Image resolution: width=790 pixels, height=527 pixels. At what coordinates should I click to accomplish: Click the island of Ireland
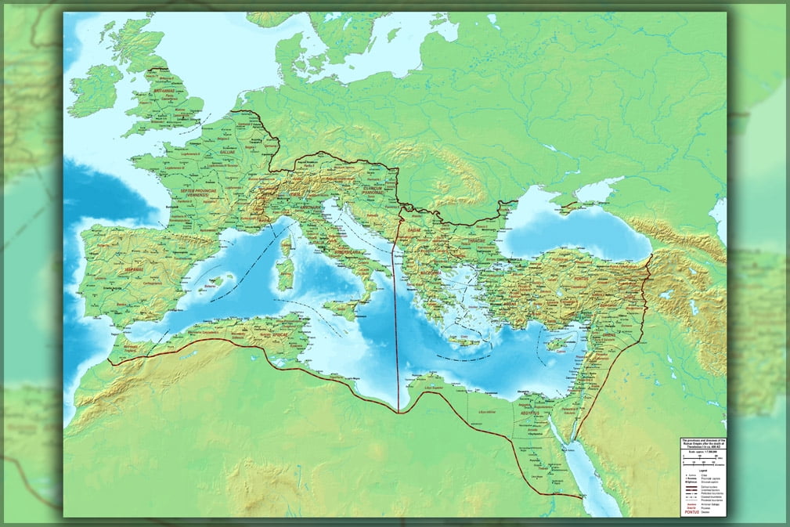tap(95, 91)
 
